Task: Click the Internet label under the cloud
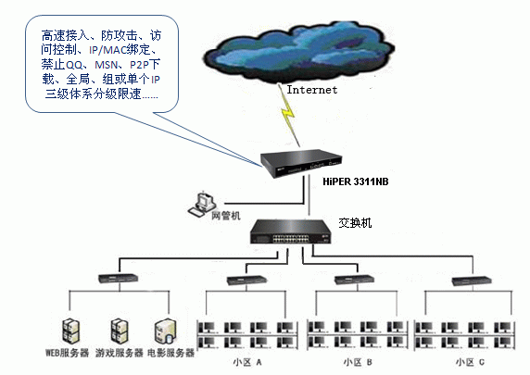point(312,90)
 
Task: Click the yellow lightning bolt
point(289,115)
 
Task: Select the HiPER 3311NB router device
point(301,163)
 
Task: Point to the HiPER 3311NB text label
point(356,181)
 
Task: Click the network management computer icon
point(202,204)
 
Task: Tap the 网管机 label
point(226,216)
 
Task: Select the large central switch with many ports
point(291,232)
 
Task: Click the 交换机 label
point(355,223)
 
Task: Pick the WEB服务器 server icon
point(71,331)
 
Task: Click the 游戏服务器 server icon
point(120,331)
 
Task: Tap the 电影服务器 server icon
point(166,331)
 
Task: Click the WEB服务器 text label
point(68,354)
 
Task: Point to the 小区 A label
point(247,363)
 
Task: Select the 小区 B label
point(358,363)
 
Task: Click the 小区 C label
point(470,363)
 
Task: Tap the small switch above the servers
point(118,279)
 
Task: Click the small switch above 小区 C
point(472,281)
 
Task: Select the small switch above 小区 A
point(246,281)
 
